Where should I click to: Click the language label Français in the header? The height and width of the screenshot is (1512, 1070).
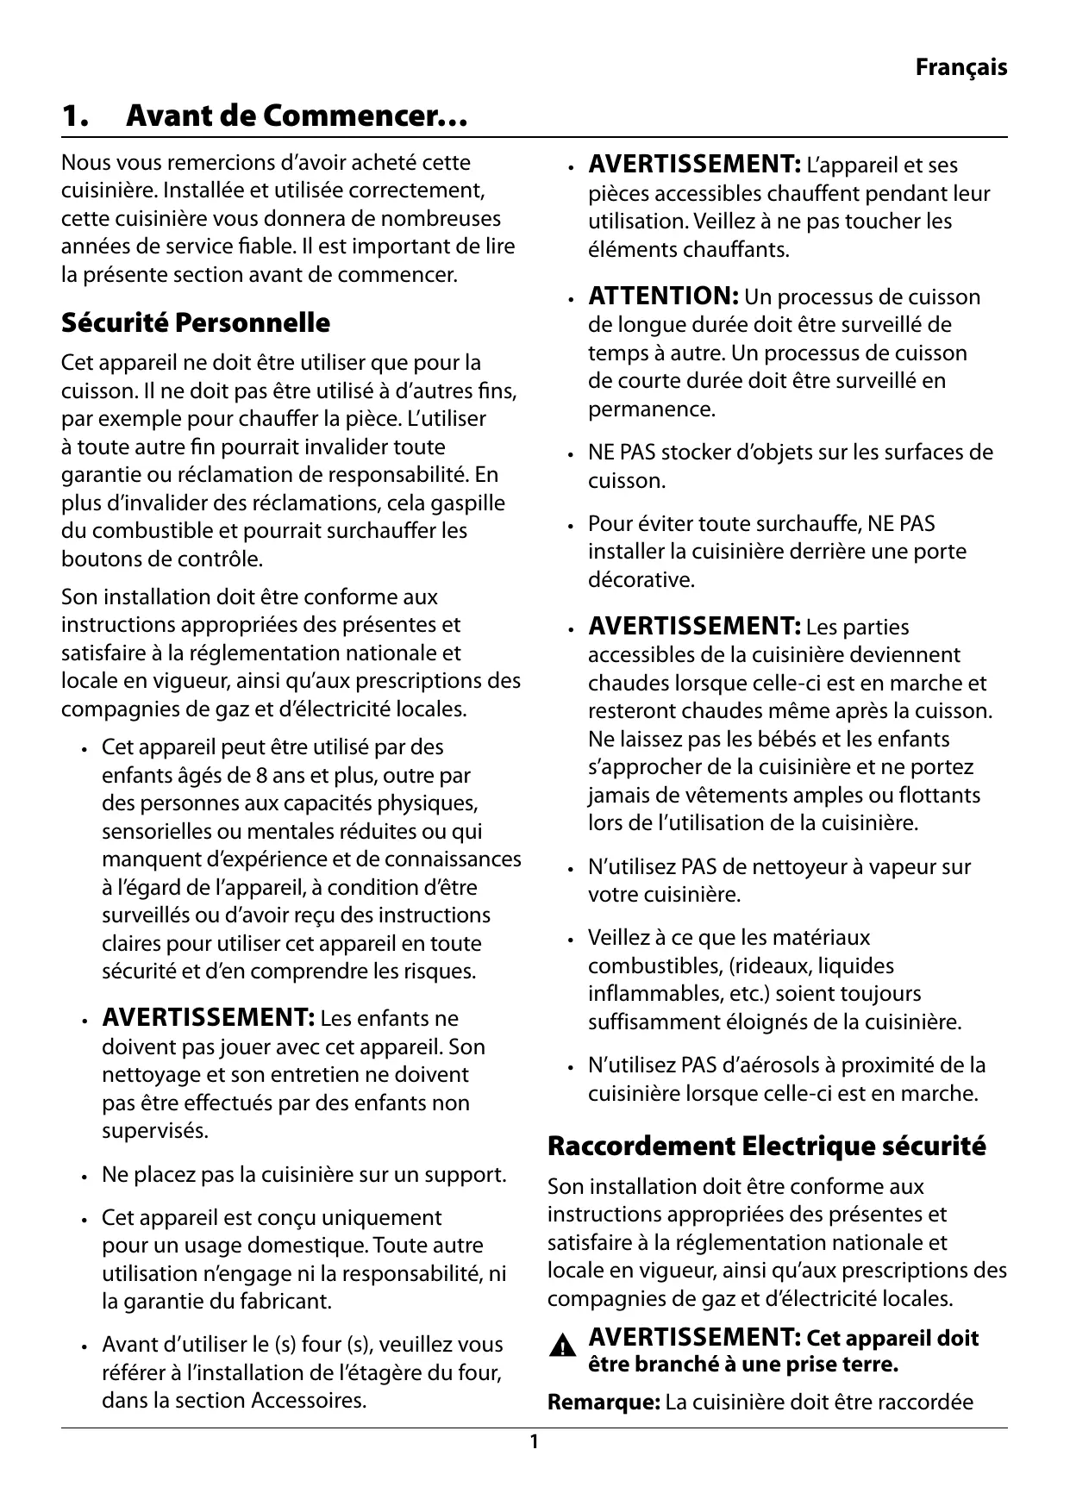(x=960, y=67)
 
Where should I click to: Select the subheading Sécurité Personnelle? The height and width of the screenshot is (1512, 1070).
(x=196, y=323)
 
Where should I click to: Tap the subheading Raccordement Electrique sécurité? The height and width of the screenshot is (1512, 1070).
(x=767, y=1146)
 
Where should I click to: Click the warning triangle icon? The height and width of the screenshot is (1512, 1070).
(x=564, y=1346)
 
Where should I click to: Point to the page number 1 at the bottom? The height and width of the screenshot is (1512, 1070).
(x=534, y=1441)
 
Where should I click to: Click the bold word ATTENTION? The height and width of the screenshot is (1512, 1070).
(x=662, y=297)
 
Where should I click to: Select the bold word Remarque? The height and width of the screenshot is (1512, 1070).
(x=604, y=1402)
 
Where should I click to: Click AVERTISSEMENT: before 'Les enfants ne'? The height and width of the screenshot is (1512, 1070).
(x=208, y=1018)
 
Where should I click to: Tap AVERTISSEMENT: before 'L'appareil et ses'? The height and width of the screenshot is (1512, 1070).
(x=695, y=164)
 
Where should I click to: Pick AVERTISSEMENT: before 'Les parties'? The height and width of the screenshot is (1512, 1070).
(x=695, y=626)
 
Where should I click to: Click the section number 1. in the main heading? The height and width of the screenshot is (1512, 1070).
(x=75, y=116)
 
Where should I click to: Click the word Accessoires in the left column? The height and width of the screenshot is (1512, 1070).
(x=308, y=1400)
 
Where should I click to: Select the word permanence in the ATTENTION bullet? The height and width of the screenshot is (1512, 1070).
(x=651, y=409)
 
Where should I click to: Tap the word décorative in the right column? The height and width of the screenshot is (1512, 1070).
(x=641, y=579)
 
